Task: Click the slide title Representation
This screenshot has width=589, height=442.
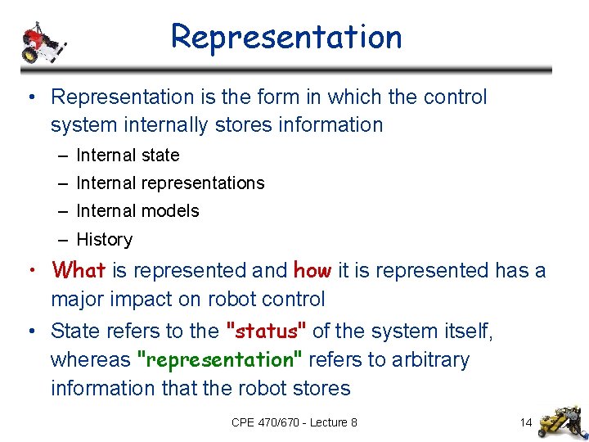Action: [x=286, y=37]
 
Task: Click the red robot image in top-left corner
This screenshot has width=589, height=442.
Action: [x=42, y=42]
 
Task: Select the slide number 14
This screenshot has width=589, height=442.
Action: [x=525, y=422]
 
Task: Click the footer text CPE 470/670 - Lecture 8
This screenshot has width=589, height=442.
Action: [x=294, y=422]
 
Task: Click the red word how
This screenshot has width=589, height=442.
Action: [x=312, y=270]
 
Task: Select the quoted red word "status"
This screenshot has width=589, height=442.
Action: [x=266, y=331]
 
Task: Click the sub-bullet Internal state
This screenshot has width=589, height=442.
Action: [x=128, y=155]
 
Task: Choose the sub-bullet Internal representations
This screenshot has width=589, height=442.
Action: [x=170, y=183]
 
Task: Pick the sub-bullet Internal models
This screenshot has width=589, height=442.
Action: [x=137, y=210]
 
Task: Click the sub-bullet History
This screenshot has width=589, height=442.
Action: [x=104, y=239]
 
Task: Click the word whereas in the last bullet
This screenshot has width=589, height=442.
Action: [x=90, y=360]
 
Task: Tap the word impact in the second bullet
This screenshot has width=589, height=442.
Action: [x=139, y=300]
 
